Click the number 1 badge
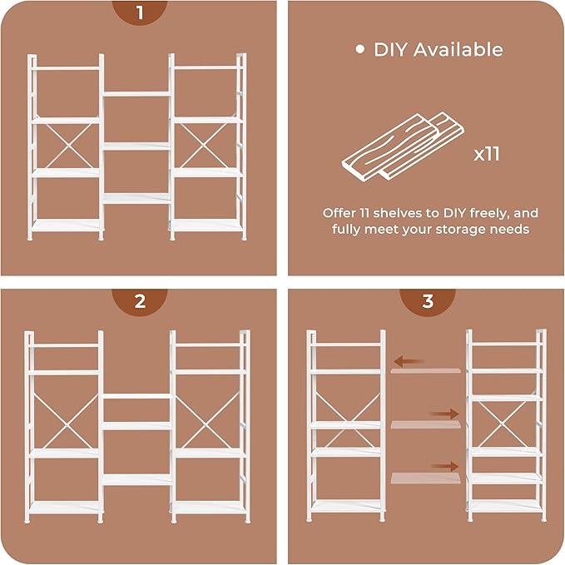pyautogui.click(x=139, y=13)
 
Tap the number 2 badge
pyautogui.click(x=139, y=302)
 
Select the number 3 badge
pyautogui.click(x=427, y=302)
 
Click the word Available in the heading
pyautogui.click(x=460, y=49)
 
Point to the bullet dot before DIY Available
pyautogui.click(x=360, y=49)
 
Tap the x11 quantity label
pyautogui.click(x=487, y=154)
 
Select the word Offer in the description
pyautogui.click(x=340, y=212)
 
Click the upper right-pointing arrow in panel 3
pyautogui.click(x=445, y=414)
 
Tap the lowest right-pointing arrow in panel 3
pyautogui.click(x=445, y=467)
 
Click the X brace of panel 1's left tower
pyautogui.click(x=67, y=147)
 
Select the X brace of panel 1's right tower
pyautogui.click(x=206, y=147)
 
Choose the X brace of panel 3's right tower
pyautogui.click(x=505, y=425)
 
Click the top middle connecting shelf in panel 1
pyautogui.click(x=136, y=94)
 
